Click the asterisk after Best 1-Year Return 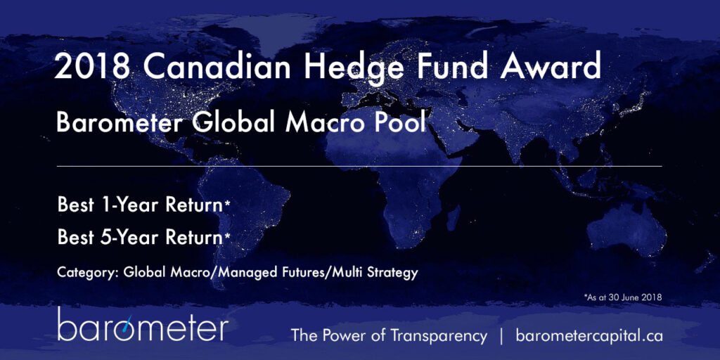click(226, 205)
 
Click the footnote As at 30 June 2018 click(622, 298)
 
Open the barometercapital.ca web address click(589, 335)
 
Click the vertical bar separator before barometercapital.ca click(501, 335)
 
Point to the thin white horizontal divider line click(359, 166)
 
